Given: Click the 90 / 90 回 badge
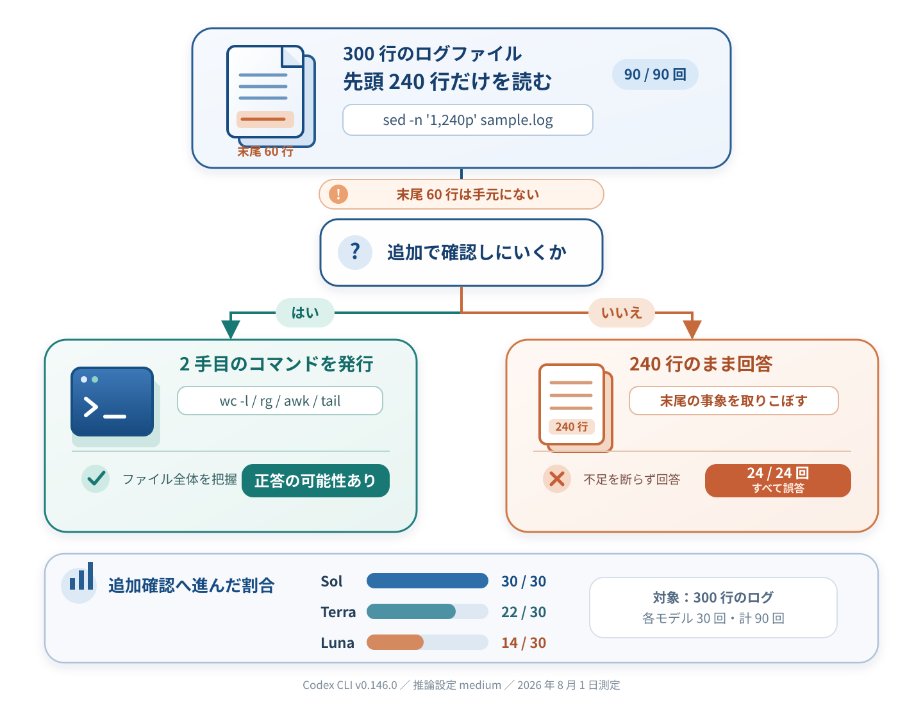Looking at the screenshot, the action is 654,74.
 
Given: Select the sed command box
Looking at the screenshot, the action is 468,120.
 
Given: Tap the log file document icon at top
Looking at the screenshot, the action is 270,96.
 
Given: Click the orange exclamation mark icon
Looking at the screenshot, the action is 338,194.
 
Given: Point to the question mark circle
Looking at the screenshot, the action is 355,253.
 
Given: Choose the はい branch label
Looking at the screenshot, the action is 305,312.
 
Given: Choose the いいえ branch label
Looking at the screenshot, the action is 621,312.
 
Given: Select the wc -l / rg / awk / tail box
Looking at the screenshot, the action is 280,401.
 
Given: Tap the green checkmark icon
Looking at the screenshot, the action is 96,478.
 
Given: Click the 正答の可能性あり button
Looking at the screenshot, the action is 315,481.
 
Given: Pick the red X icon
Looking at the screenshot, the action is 557,478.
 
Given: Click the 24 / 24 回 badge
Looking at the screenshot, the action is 778,481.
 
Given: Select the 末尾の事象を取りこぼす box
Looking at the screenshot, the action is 734,401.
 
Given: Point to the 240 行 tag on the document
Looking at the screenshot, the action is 572,427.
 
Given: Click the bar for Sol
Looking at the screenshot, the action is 428,581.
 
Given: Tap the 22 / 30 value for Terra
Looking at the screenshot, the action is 524,611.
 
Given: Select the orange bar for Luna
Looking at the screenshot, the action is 395,642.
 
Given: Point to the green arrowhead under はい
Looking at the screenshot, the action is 231,329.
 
